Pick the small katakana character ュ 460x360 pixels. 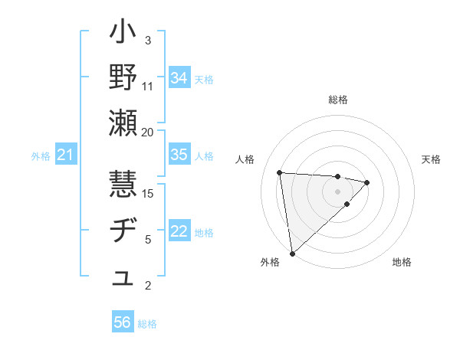(123, 279)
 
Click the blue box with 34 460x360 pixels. (179, 77)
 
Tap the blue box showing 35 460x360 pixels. (179, 155)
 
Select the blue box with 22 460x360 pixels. (179, 232)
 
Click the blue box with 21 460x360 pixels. (66, 155)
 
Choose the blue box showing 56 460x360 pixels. (123, 322)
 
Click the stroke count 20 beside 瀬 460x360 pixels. (148, 132)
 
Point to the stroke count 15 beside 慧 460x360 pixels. (149, 193)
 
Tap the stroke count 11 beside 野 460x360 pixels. (148, 86)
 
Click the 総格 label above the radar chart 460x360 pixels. (338, 100)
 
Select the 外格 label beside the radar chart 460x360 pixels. (270, 262)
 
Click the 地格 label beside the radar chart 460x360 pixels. (402, 262)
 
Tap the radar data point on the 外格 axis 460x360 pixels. (292, 253)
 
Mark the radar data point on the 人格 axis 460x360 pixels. (280, 172)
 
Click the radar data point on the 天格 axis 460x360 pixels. (367, 182)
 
